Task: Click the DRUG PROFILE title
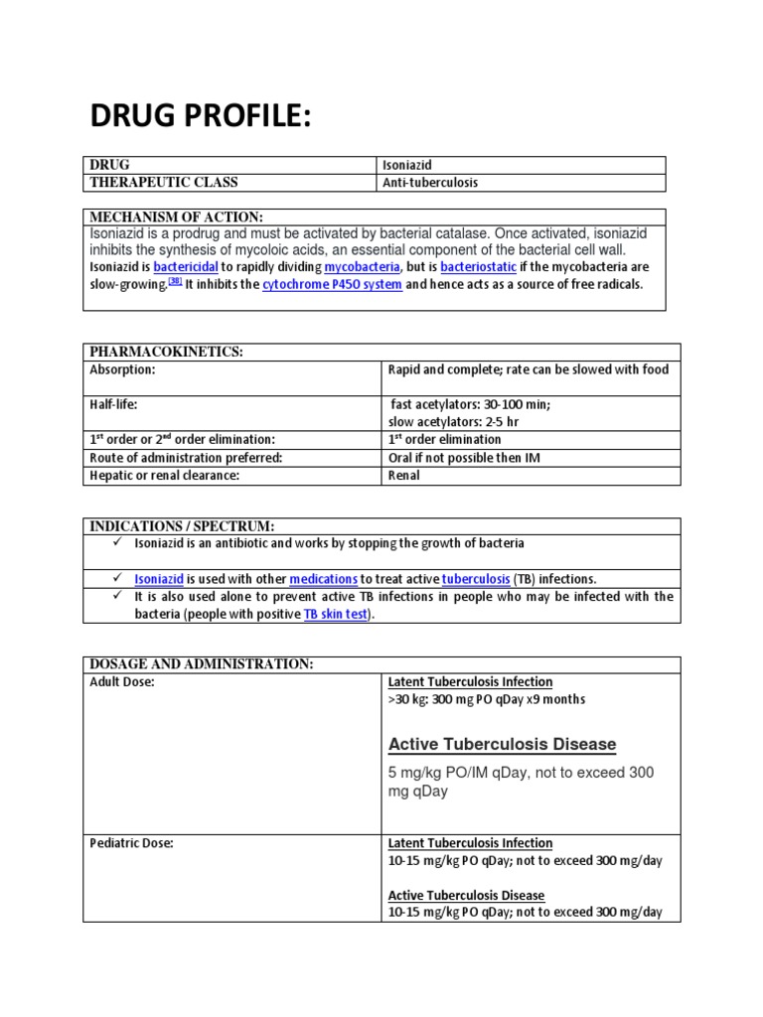(x=201, y=115)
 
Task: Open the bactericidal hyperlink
(x=186, y=267)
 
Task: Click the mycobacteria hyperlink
(x=362, y=267)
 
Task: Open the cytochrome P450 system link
(x=332, y=285)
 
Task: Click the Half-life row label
(x=114, y=404)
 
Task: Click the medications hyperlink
(x=323, y=579)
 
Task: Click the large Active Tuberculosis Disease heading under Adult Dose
(x=502, y=744)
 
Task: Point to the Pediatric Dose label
(x=131, y=842)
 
